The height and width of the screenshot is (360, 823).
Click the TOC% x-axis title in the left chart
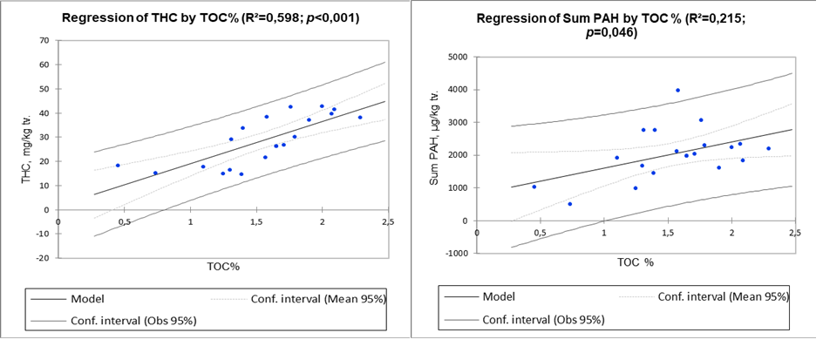click(223, 264)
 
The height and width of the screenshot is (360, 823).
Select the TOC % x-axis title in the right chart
click(636, 262)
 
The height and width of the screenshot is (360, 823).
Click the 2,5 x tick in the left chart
click(388, 221)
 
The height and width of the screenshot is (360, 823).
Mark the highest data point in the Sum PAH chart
click(677, 90)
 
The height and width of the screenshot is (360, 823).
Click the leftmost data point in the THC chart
click(118, 165)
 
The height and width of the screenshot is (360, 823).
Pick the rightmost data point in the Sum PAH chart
click(768, 148)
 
